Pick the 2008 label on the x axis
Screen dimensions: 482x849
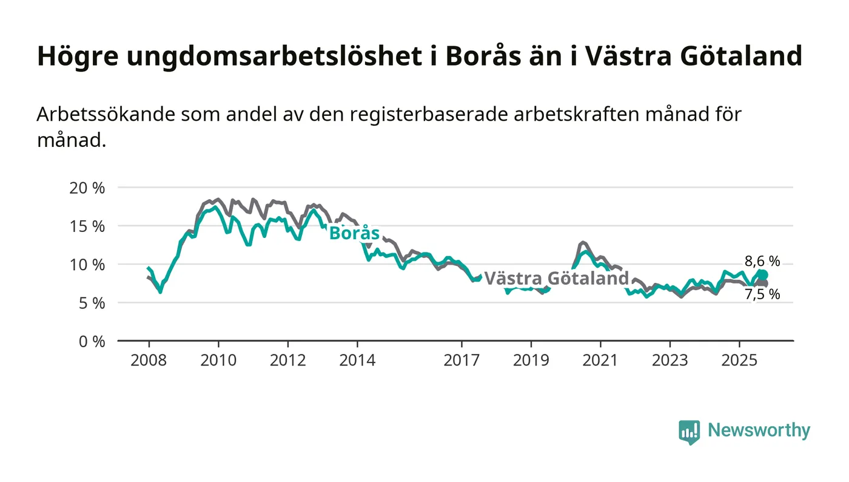[149, 360]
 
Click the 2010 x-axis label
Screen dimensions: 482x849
[218, 360]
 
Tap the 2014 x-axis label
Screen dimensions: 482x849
[357, 360]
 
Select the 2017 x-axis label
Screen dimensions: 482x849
[461, 360]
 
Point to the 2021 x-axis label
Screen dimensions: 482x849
[600, 360]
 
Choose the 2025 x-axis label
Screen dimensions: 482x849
[739, 360]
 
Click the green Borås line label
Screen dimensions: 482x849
[354, 234]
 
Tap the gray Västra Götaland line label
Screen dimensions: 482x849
[556, 279]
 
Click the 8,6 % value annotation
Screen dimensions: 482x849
[762, 262]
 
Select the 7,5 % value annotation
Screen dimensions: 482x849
[762, 295]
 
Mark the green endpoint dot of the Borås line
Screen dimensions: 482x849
[762, 275]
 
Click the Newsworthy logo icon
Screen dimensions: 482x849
[689, 432]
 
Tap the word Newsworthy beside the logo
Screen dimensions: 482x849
[759, 430]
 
